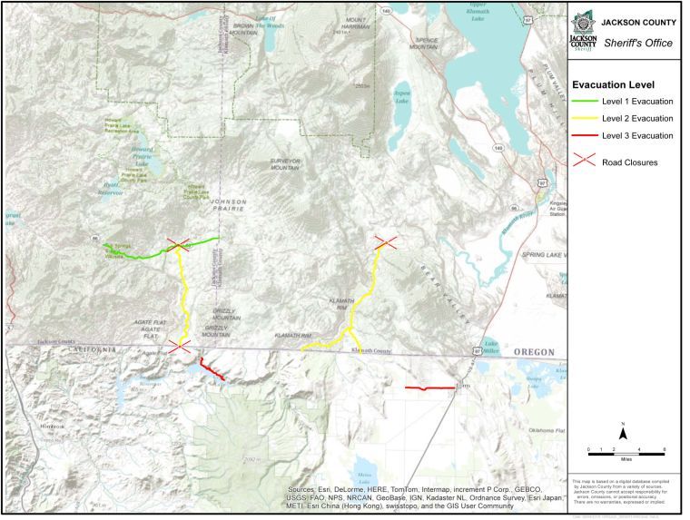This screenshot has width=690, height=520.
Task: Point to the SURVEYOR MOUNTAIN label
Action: click(x=285, y=164)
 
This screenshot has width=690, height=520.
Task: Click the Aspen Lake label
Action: click(x=399, y=97)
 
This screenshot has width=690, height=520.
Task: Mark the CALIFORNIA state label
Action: click(x=89, y=349)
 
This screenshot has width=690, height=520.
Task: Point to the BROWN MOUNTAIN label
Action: click(x=242, y=29)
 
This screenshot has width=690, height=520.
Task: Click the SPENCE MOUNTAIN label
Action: click(x=423, y=44)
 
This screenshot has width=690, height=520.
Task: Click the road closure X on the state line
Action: click(x=179, y=346)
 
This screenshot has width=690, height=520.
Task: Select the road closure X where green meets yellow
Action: click(x=178, y=244)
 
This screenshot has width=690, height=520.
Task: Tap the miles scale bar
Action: click(x=626, y=450)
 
